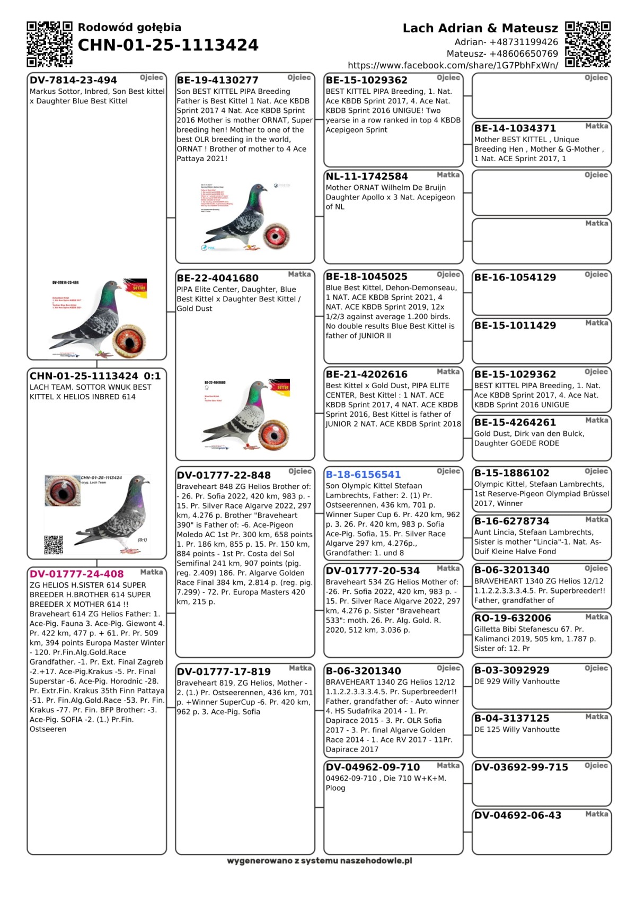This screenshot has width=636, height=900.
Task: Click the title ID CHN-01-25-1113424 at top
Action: (x=168, y=45)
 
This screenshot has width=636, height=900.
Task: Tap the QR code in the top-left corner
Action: (x=49, y=44)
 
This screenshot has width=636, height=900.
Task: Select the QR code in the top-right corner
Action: (x=588, y=44)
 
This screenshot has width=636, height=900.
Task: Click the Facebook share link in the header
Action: (x=453, y=65)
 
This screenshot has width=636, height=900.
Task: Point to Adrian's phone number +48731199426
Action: (x=506, y=42)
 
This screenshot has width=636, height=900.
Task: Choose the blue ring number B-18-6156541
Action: (x=363, y=475)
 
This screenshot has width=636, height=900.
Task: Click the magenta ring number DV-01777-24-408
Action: (x=77, y=574)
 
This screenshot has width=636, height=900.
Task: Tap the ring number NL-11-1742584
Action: (x=367, y=176)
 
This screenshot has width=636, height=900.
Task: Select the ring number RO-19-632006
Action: (x=513, y=618)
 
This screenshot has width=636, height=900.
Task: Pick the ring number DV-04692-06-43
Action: (x=517, y=815)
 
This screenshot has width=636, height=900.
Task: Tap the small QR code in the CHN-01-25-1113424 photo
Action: (x=54, y=544)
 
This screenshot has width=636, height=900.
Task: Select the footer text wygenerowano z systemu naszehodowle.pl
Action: (x=319, y=861)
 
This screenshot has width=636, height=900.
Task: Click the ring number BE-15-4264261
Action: (x=515, y=422)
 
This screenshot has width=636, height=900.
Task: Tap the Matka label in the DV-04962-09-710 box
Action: (x=448, y=765)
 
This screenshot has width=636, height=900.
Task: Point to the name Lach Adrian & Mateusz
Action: (x=480, y=28)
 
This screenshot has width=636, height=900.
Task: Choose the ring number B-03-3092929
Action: (x=511, y=670)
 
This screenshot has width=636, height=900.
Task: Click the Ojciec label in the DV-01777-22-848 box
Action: (x=300, y=471)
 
